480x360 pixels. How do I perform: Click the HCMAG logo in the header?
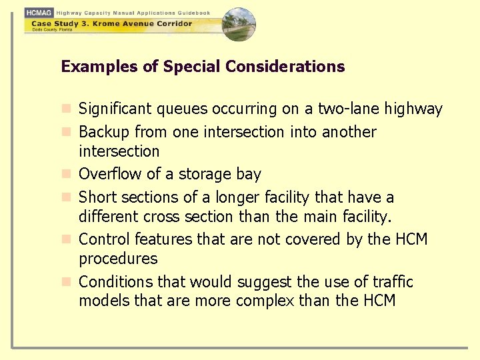(x=39, y=13)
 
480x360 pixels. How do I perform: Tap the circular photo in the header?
(x=238, y=24)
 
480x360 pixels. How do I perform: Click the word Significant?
(x=115, y=109)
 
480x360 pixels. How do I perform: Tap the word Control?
(x=104, y=239)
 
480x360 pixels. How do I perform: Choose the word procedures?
(x=118, y=259)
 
